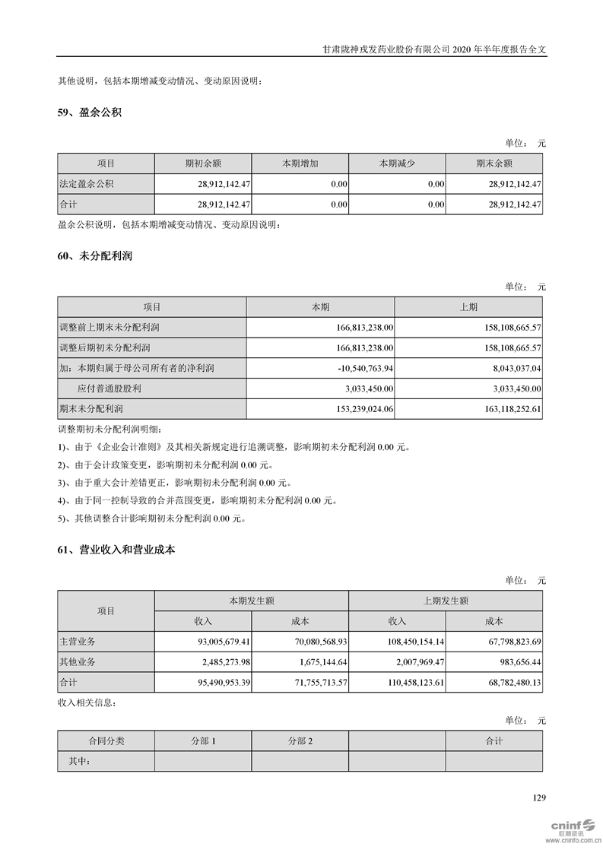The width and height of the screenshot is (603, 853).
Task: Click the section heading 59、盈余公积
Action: (x=90, y=113)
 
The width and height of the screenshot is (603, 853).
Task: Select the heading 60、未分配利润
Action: (x=95, y=256)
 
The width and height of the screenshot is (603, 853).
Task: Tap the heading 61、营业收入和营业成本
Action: (x=116, y=549)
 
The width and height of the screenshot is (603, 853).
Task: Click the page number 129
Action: (x=538, y=798)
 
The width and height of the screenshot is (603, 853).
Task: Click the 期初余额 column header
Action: (x=202, y=163)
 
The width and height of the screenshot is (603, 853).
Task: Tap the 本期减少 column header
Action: (x=397, y=163)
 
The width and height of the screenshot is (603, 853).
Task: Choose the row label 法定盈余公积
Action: (x=87, y=184)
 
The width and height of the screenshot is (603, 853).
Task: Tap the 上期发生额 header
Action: (x=446, y=601)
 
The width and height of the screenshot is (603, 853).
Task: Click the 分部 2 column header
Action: (x=300, y=740)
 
